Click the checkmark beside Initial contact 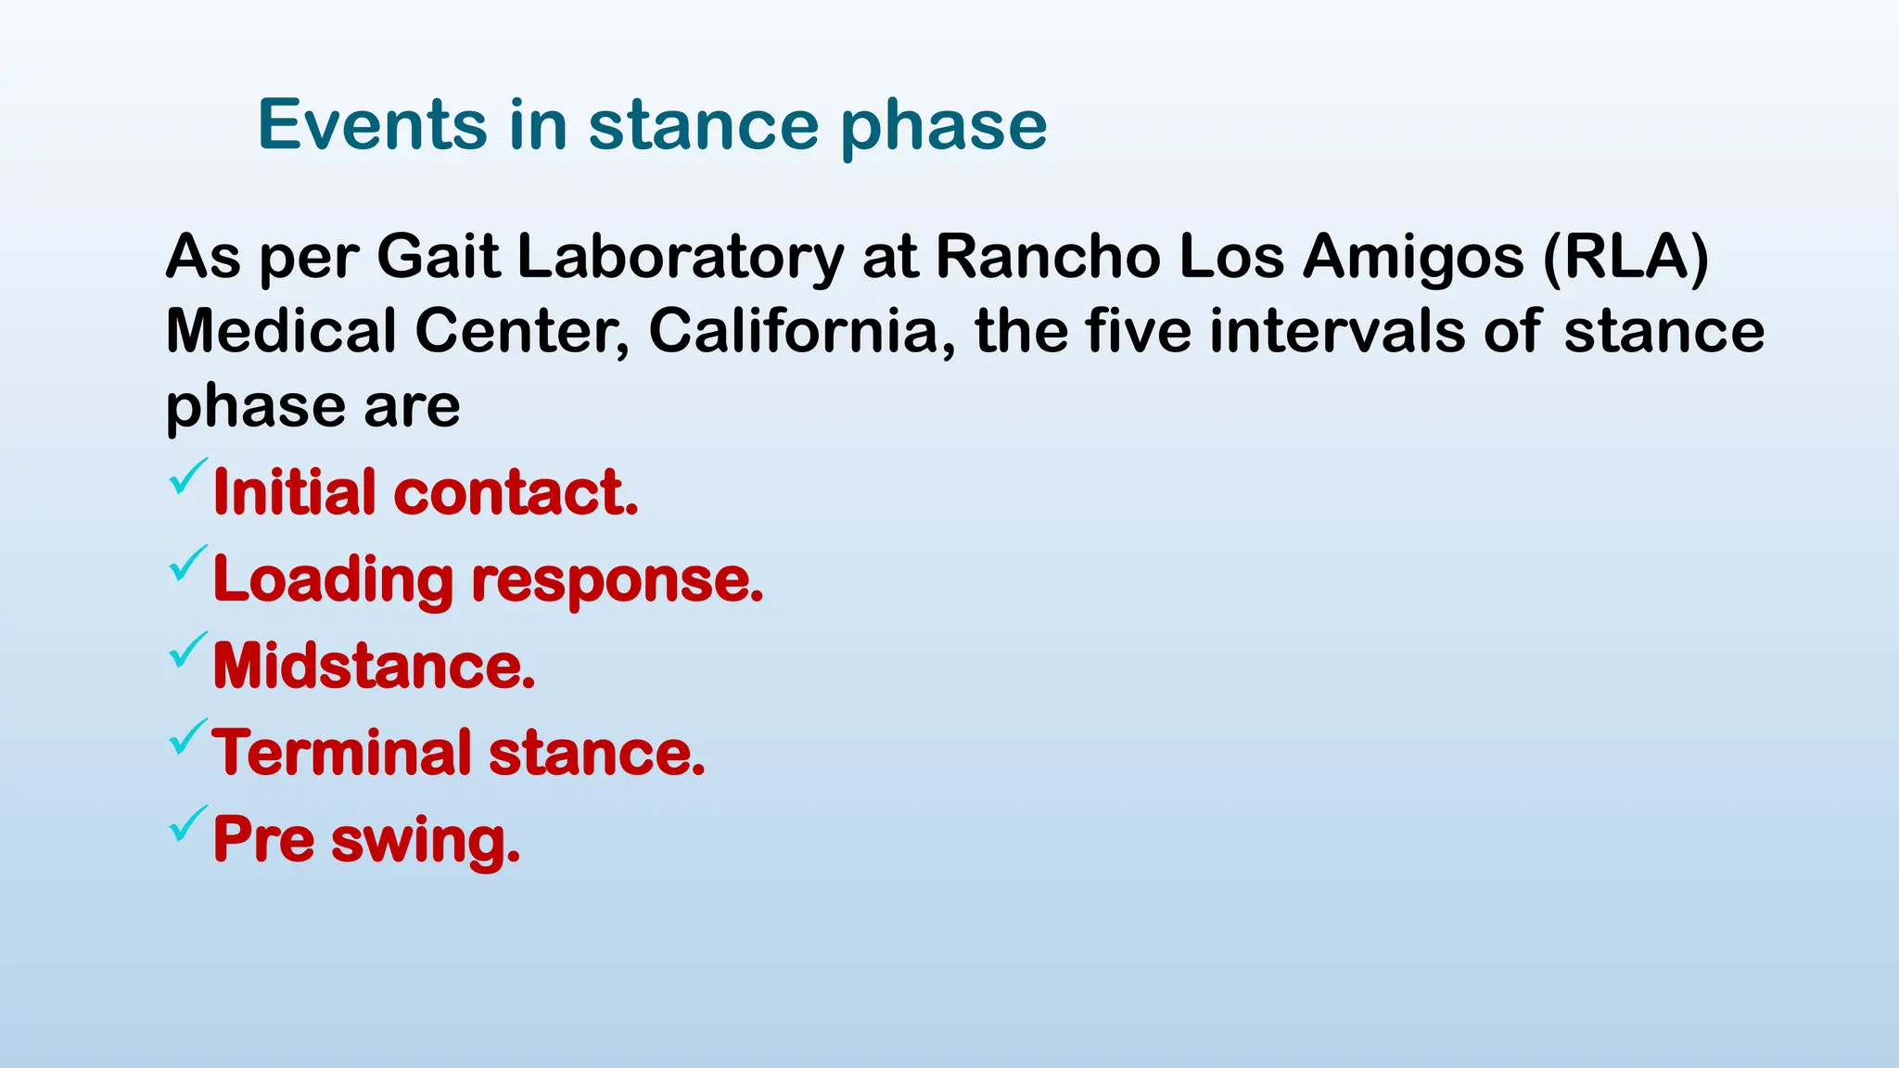pos(187,477)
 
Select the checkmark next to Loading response pos(187,564)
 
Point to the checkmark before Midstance pos(187,651)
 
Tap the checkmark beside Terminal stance pos(187,737)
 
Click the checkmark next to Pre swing pos(187,824)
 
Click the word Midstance pos(374,666)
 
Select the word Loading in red pos(332,580)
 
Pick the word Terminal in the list pos(341,752)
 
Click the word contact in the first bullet pos(516,492)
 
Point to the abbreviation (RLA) pos(1625,257)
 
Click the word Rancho pos(1047,257)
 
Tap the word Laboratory pos(680,257)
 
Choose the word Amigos pos(1413,257)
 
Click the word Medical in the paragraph pos(281,331)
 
